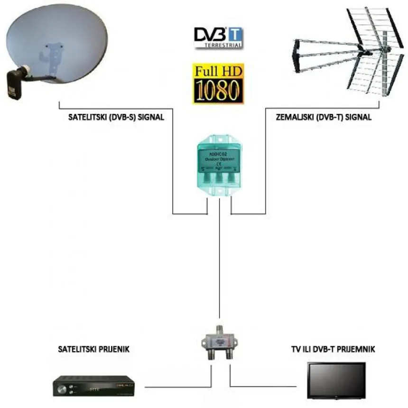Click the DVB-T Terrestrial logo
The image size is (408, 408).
[218, 37]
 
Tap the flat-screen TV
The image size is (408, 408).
[336, 380]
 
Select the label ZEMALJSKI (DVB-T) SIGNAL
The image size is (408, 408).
[323, 117]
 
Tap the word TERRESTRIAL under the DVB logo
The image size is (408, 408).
[223, 46]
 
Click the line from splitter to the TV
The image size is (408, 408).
[266, 385]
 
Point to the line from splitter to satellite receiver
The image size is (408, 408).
[176, 385]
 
